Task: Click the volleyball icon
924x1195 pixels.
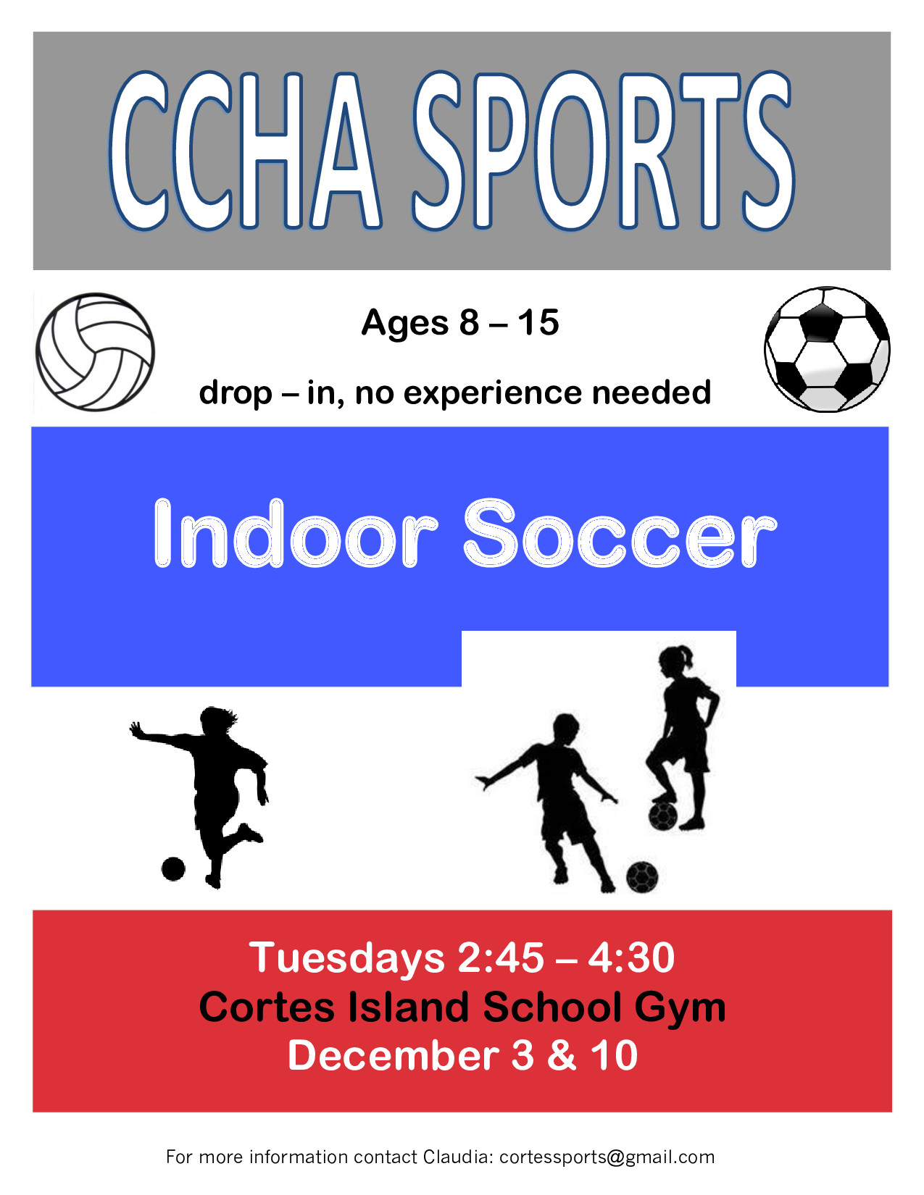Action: (x=95, y=352)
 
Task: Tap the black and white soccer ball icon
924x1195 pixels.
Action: (x=827, y=349)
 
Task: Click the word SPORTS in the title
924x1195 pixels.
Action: (x=604, y=151)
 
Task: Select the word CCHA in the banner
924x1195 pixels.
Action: (x=245, y=151)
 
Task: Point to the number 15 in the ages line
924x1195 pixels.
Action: (x=538, y=322)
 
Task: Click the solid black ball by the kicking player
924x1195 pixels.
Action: (x=172, y=869)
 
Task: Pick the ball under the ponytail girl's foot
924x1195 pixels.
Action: (x=662, y=816)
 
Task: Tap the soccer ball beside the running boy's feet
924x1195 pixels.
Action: (x=642, y=876)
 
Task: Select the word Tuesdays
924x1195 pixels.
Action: (x=346, y=958)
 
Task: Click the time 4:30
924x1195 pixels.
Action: (x=631, y=957)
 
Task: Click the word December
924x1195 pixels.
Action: (x=393, y=1055)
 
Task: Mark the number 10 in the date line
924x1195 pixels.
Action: (x=614, y=1055)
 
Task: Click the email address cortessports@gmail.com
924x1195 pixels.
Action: (x=607, y=1157)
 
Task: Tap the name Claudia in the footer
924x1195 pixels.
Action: (x=459, y=1157)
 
